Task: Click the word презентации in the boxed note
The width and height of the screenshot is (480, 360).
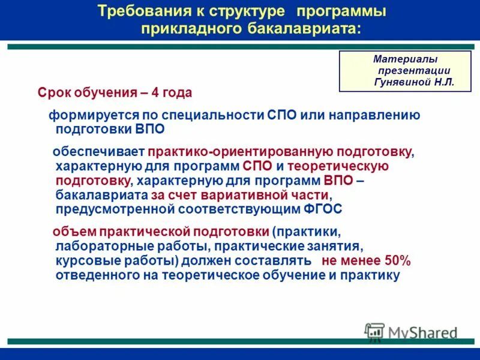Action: [415, 71]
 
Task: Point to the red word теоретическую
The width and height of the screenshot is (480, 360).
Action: [341, 166]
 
